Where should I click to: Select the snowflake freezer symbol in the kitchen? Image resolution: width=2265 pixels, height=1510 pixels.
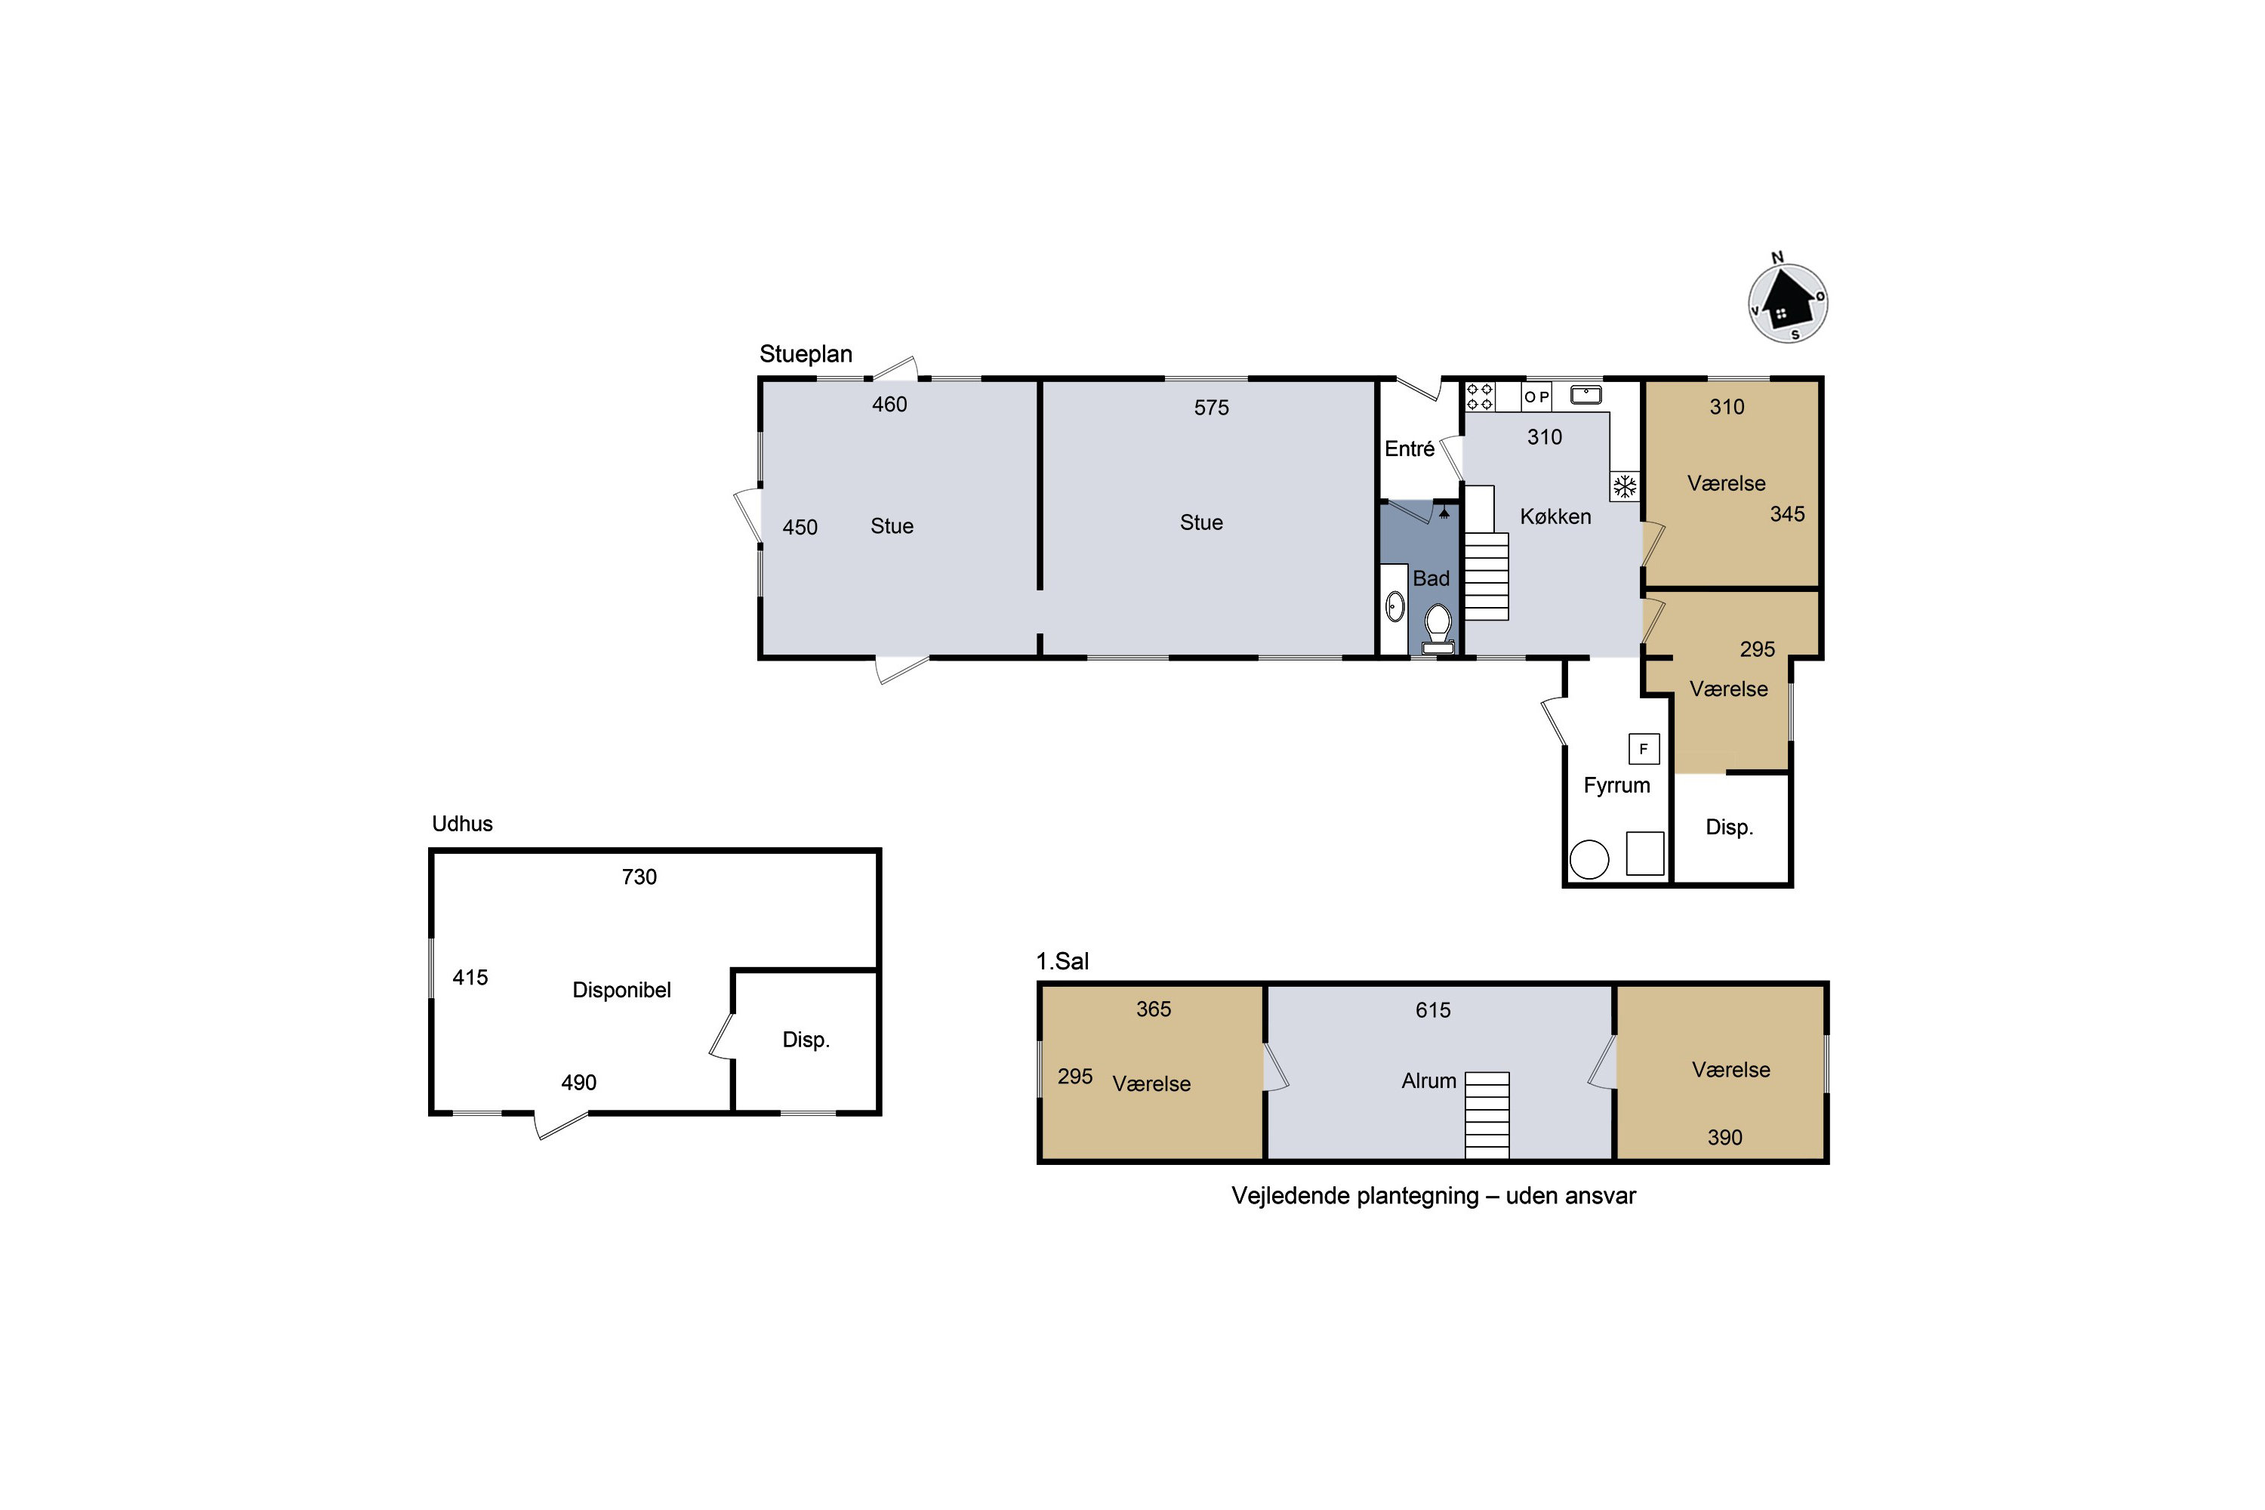pos(1625,486)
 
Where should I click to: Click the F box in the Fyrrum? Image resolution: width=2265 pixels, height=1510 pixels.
pos(1644,748)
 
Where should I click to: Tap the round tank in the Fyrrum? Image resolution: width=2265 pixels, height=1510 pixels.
pos(1589,859)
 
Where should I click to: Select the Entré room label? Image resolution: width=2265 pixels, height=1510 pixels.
pos(1409,448)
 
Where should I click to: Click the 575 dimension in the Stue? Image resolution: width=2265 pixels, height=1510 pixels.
pos(1212,408)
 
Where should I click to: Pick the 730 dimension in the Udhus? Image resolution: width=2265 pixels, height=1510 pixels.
pos(639,877)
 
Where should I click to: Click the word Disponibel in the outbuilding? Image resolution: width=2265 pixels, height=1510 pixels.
pos(621,990)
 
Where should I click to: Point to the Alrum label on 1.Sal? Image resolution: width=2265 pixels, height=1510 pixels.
pos(1428,1080)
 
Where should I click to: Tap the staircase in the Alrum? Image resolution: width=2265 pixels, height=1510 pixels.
pos(1487,1115)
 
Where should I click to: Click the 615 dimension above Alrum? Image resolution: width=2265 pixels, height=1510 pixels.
pos(1433,1010)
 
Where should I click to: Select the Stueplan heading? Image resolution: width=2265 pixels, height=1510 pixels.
pos(806,354)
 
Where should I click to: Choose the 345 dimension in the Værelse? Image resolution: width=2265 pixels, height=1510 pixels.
pos(1787,514)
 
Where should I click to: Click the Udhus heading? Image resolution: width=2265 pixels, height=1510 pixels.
pos(462,824)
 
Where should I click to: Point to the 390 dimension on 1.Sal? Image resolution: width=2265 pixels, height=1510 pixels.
pos(1724,1137)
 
